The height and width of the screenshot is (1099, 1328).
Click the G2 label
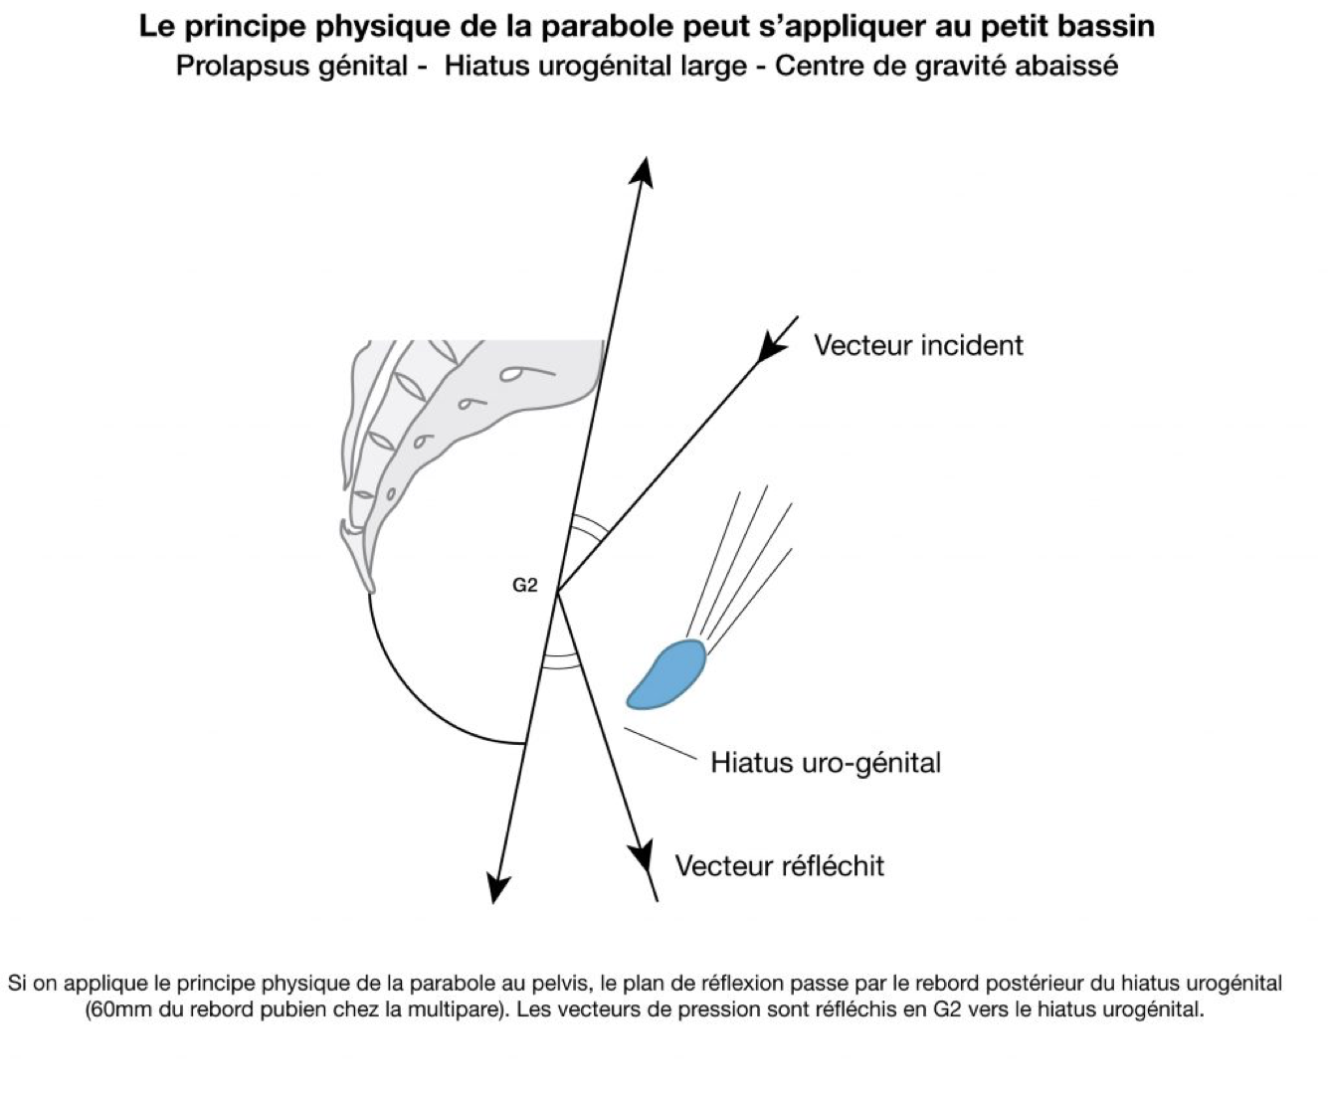[x=524, y=586]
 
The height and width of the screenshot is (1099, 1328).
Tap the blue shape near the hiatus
[x=668, y=674]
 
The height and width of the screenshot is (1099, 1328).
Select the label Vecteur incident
[x=918, y=346]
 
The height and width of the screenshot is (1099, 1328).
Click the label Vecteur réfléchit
[x=779, y=866]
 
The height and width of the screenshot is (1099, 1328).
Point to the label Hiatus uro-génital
[x=825, y=764]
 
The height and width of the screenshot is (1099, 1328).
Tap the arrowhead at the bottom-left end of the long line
[x=497, y=886]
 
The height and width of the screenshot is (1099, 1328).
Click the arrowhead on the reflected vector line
[x=642, y=855]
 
